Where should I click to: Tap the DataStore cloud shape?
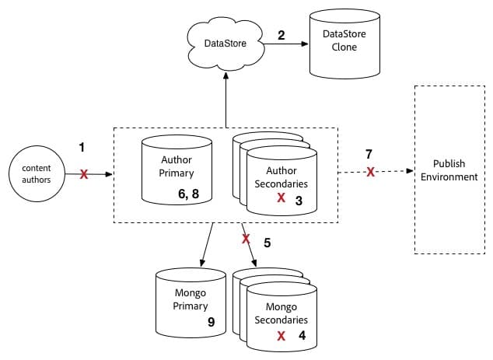click(x=226, y=44)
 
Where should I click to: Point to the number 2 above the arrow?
click(x=282, y=35)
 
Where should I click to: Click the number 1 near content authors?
click(x=81, y=145)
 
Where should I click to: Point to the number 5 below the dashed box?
click(x=267, y=242)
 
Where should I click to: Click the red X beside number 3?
click(x=281, y=198)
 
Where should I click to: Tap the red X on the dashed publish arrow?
click(x=371, y=171)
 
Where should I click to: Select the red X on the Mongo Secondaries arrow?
click(x=247, y=237)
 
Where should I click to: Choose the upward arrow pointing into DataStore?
click(x=226, y=97)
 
